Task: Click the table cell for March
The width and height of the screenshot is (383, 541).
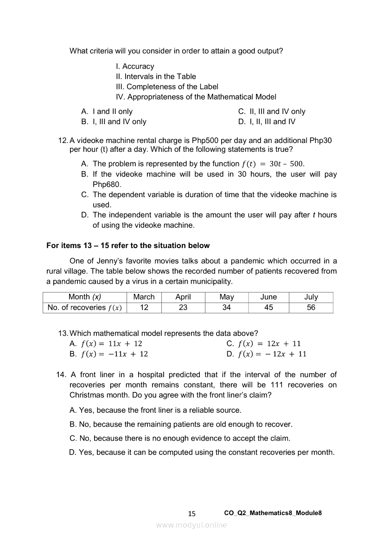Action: (144, 297)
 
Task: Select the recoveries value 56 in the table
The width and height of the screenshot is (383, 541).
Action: (311, 308)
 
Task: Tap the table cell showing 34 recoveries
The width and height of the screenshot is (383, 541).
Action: (226, 308)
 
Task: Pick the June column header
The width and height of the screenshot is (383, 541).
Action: (268, 297)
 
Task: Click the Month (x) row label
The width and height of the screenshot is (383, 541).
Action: (84, 297)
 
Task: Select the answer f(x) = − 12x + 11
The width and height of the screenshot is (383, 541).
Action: (272, 354)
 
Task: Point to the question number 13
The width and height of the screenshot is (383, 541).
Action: (63, 333)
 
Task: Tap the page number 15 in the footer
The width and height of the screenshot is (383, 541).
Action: (192, 513)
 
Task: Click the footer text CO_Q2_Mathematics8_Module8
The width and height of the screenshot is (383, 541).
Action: (273, 513)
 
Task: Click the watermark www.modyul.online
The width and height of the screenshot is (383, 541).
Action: (191, 525)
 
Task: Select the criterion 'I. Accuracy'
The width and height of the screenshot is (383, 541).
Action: (135, 66)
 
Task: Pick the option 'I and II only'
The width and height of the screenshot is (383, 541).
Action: (112, 112)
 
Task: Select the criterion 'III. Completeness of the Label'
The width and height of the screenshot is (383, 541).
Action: (167, 87)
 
